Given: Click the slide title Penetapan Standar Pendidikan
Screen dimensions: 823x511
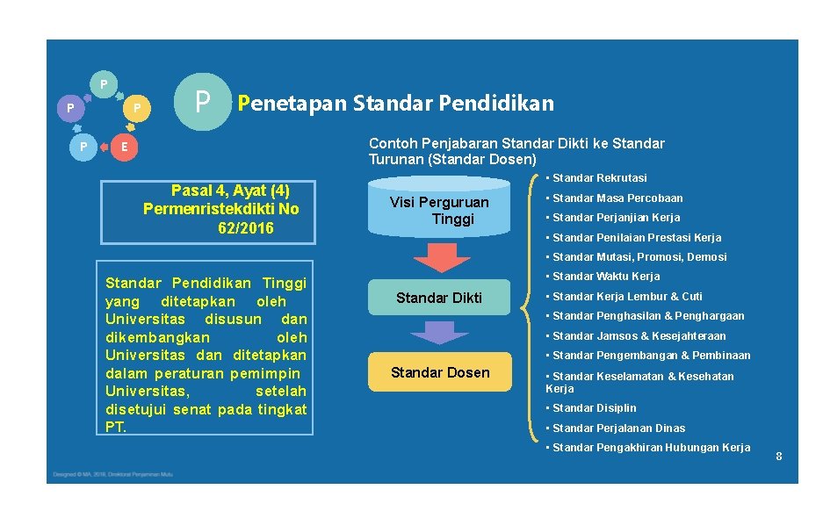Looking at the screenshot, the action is point(396,104).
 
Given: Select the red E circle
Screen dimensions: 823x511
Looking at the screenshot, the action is point(125,147).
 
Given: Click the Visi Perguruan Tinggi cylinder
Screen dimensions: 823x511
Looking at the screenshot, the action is point(440,209).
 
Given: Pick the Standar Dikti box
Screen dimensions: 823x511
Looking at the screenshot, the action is point(439,298).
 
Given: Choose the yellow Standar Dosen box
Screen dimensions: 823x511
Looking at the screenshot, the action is point(439,372).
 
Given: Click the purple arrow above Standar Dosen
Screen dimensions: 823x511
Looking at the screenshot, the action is point(440,334).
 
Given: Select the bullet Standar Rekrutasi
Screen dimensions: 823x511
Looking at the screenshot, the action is point(599,178).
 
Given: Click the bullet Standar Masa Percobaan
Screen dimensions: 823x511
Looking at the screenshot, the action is point(617,198).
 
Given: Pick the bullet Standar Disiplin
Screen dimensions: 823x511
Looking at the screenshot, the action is point(594,408).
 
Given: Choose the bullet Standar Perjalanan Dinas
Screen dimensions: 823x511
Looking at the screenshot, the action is point(618,428).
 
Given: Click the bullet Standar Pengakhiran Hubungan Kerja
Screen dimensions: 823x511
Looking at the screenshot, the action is point(651,448).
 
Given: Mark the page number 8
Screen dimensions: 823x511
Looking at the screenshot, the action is point(778,456).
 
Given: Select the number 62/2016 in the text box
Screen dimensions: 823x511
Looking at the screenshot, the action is point(245,228).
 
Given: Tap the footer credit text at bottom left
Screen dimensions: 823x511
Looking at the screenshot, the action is point(111,474).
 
